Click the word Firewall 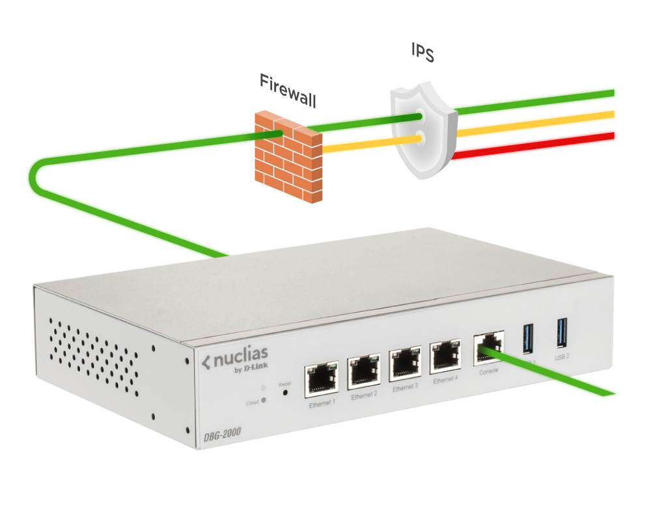(288, 91)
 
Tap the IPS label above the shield (422, 53)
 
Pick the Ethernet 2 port (364, 371)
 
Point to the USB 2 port (561, 332)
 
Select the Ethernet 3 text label (406, 387)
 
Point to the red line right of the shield (534, 145)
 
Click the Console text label (488, 371)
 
